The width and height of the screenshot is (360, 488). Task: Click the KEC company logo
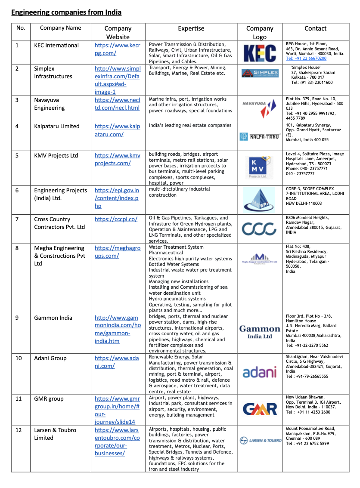pos(260,53)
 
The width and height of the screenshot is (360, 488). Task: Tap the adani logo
pos(260,372)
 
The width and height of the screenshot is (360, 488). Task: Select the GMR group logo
pos(260,409)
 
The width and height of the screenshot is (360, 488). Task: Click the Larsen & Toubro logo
pos(260,440)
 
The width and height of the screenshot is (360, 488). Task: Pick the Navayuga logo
pos(260,108)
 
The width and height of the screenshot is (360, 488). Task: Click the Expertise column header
pos(191,28)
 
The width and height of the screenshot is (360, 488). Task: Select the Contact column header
pos(315,28)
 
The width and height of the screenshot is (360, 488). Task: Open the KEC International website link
pos(117,49)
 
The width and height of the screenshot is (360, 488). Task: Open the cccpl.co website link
pos(116,219)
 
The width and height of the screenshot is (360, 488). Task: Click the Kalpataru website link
pos(117,130)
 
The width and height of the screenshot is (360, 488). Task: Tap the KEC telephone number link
pos(306,59)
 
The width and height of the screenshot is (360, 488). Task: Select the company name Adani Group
pos(50,358)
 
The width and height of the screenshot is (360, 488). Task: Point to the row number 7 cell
pos(17,219)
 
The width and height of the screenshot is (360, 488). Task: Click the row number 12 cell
pos(19,430)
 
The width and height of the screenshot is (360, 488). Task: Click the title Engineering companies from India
pos(66,12)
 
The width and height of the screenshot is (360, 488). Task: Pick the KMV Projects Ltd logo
pos(259,168)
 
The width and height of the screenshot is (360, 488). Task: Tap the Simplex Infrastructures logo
pos(260,73)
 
